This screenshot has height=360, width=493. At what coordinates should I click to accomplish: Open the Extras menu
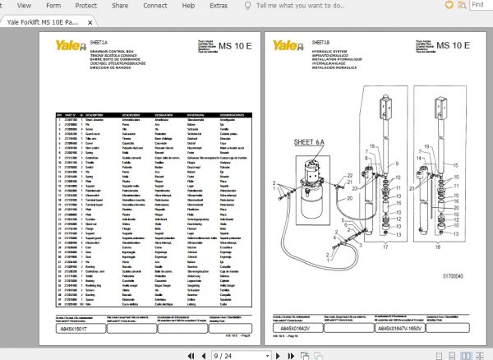218,6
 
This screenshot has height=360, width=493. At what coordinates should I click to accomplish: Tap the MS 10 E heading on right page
453,46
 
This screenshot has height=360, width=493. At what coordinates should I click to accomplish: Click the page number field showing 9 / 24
224,355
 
